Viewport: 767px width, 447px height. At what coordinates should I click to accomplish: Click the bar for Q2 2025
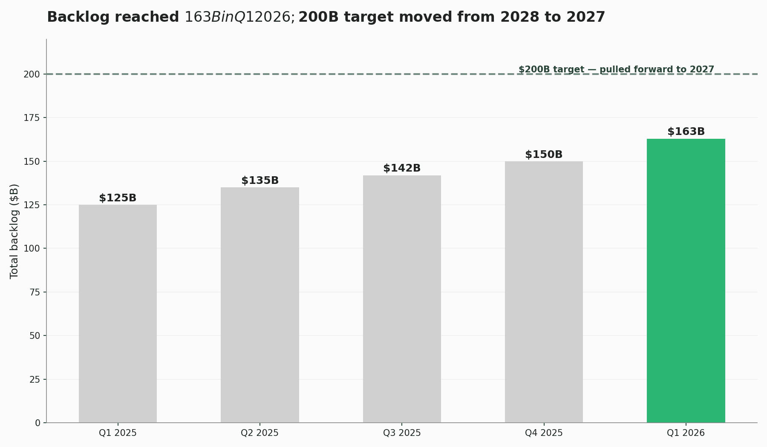point(260,305)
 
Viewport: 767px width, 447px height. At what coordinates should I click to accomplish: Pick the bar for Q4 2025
point(544,292)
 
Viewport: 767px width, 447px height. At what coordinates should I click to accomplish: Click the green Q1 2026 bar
point(686,281)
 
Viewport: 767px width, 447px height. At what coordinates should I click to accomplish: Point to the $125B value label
point(118,198)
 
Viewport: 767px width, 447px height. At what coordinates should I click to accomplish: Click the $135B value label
point(260,181)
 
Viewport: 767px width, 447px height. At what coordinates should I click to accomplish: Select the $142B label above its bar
point(402,168)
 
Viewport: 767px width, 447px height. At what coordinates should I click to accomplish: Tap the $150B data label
point(544,155)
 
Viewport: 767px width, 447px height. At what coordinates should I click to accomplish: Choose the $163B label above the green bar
point(686,132)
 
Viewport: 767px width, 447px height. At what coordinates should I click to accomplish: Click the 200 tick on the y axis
point(32,74)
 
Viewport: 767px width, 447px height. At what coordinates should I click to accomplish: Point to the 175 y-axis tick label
point(32,118)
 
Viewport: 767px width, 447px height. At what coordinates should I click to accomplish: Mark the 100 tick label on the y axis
point(32,249)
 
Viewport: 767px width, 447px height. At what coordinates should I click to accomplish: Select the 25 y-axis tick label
point(35,380)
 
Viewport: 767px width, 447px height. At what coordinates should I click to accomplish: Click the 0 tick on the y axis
point(37,423)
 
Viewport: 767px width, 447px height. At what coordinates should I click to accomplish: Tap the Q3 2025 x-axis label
point(402,433)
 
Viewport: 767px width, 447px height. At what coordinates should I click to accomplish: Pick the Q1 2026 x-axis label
point(686,433)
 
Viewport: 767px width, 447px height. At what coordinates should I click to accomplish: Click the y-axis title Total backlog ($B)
point(14,231)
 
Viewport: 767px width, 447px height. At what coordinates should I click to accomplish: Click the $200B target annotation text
point(616,69)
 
